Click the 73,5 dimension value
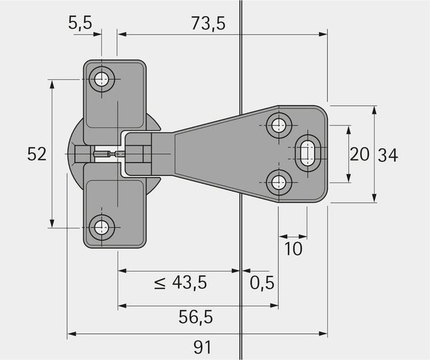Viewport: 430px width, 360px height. click(x=208, y=23)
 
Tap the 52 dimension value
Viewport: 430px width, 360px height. click(x=37, y=154)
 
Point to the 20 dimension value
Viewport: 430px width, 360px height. click(x=360, y=155)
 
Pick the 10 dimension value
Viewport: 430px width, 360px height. click(x=293, y=248)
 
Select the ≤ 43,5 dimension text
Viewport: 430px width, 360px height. click(x=180, y=282)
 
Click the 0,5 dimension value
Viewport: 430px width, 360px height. click(x=262, y=282)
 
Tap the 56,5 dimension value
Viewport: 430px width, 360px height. click(x=196, y=317)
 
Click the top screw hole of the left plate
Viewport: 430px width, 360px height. click(x=103, y=79)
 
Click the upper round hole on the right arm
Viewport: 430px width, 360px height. click(x=279, y=125)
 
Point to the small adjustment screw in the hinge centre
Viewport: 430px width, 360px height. click(x=107, y=155)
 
